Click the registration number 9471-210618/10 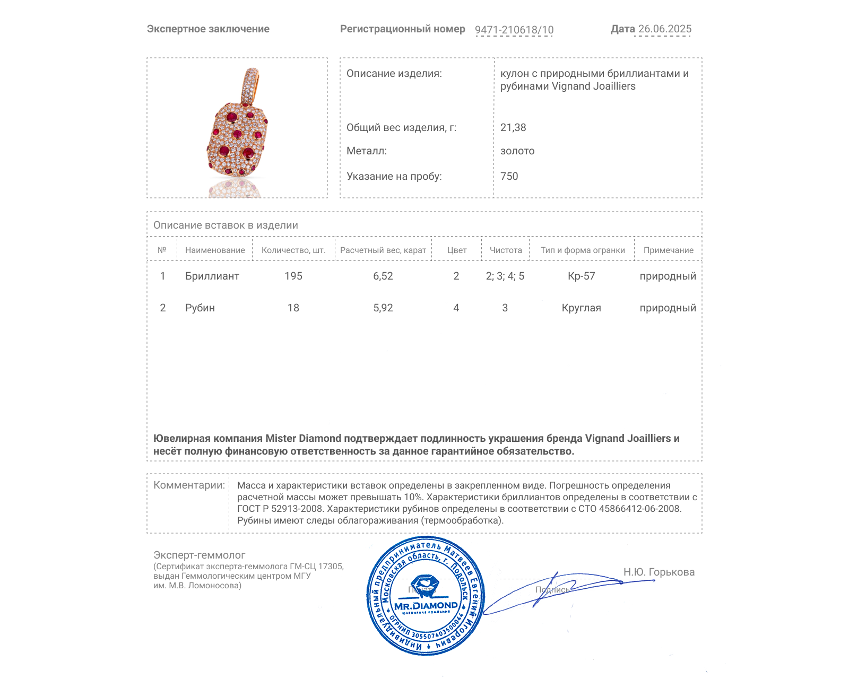(x=514, y=30)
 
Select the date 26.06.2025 (x=664, y=29)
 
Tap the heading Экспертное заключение (x=208, y=29)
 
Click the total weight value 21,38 (x=513, y=127)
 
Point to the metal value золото (x=517, y=151)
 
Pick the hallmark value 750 (x=509, y=176)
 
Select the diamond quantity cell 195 (x=293, y=276)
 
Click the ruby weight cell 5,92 (x=383, y=308)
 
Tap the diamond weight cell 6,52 (x=383, y=276)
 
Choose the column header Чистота (x=505, y=250)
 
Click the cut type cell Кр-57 (x=581, y=276)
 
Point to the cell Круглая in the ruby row (x=581, y=308)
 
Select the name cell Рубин (x=200, y=308)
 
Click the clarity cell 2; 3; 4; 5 (x=505, y=276)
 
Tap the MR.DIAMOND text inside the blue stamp (x=426, y=605)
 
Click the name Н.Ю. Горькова (x=659, y=572)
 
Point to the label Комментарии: (x=189, y=485)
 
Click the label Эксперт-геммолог (x=199, y=555)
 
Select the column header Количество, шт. (x=293, y=250)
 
